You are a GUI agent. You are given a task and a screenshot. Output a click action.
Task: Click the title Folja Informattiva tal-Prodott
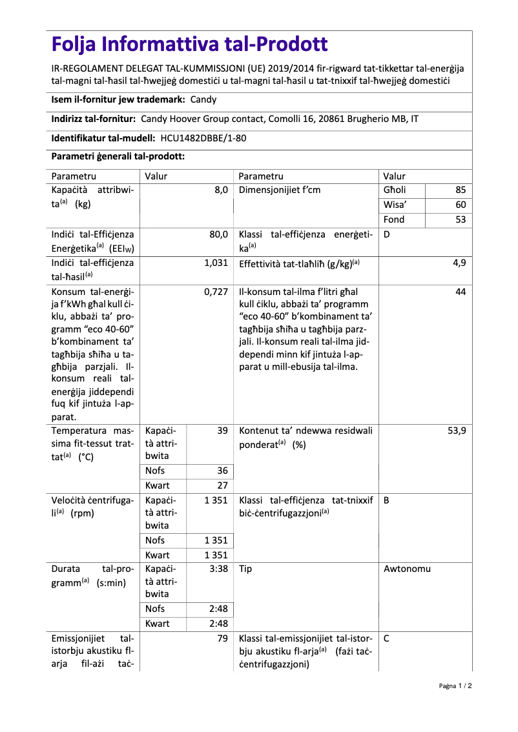tap(190, 45)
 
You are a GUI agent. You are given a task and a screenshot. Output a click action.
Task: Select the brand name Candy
tap(203, 99)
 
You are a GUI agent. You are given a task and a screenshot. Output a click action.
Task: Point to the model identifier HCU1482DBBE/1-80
tap(203, 138)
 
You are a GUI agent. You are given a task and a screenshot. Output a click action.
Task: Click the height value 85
tap(460, 190)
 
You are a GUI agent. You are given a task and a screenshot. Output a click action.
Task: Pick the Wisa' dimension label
tap(395, 205)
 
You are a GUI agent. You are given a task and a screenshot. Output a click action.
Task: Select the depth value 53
tap(460, 220)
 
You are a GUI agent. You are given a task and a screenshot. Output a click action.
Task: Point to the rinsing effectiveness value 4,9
tap(459, 263)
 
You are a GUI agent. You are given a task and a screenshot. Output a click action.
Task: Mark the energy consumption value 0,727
tap(216, 292)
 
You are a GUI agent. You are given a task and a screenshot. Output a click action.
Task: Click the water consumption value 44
tap(460, 292)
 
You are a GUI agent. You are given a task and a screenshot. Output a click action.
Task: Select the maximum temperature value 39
tap(222, 431)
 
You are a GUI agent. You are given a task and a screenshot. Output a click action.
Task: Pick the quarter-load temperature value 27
tap(222, 485)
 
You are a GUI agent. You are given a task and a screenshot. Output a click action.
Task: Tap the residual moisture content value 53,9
tap(457, 431)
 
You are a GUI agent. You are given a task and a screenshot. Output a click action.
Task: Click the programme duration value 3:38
tap(218, 569)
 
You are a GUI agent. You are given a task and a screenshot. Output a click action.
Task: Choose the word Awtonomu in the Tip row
tap(407, 569)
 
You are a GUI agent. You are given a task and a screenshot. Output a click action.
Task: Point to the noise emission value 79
tap(222, 639)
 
